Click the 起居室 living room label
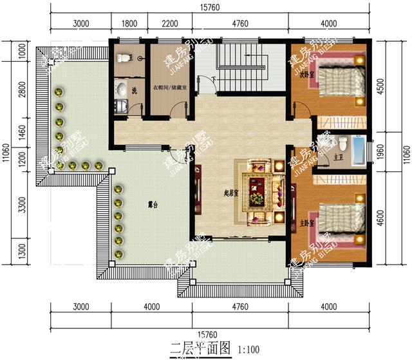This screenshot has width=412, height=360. pyautogui.click(x=212, y=192)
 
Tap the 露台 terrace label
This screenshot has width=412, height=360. pyautogui.click(x=153, y=205)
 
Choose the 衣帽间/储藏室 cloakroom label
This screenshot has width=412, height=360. pyautogui.click(x=170, y=88)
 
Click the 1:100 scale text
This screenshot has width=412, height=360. pyautogui.click(x=248, y=350)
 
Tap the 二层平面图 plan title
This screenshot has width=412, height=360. pyautogui.click(x=200, y=350)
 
